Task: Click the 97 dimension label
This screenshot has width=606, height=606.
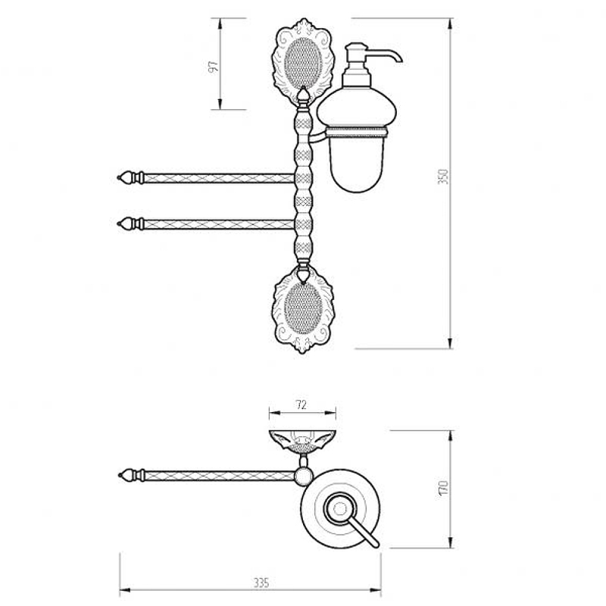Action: (214, 66)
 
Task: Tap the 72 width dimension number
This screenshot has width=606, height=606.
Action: (301, 405)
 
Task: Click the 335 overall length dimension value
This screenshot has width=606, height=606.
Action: (261, 583)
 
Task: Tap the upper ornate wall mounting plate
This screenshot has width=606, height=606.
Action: (302, 61)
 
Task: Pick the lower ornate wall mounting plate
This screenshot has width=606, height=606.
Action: (304, 309)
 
